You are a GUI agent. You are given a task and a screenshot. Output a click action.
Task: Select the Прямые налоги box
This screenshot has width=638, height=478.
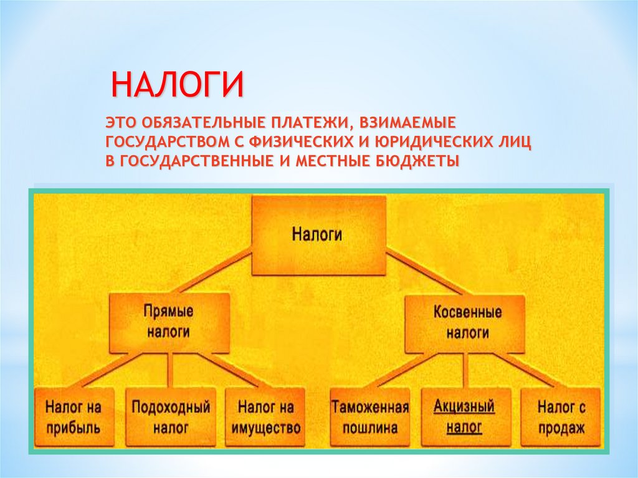tap(168, 322)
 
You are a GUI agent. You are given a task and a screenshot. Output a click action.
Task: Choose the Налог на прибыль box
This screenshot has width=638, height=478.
tap(73, 417)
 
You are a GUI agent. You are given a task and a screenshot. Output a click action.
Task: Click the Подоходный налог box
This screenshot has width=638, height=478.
tap(170, 417)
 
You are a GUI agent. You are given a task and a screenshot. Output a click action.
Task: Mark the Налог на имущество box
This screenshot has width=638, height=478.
tap(265, 417)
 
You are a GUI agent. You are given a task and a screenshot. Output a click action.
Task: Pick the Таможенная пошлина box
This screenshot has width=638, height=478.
tap(369, 417)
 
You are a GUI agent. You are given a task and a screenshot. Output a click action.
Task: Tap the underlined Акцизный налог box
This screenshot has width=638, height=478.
tap(464, 417)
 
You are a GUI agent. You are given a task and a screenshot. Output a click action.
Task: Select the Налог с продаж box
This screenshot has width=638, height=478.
tap(561, 417)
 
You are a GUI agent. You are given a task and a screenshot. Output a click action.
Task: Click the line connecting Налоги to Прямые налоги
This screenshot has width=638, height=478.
tap(212, 272)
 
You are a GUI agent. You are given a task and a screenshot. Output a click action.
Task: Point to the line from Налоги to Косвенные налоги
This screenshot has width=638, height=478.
tap(424, 272)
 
